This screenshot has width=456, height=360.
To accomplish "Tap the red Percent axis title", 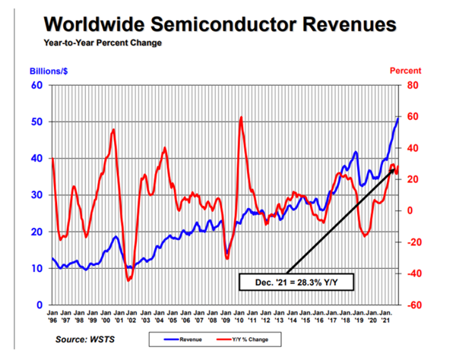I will [405, 71].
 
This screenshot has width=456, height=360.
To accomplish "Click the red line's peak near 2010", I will [241, 117].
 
